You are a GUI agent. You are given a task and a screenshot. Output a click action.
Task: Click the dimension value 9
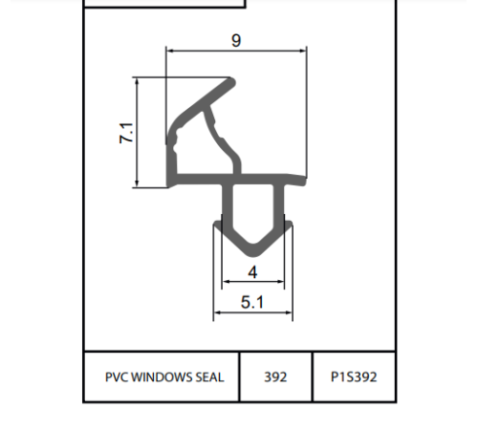click(x=236, y=40)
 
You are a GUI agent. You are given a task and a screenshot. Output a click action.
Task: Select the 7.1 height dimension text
click(x=126, y=133)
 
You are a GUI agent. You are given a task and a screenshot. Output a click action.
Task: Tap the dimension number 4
click(x=252, y=272)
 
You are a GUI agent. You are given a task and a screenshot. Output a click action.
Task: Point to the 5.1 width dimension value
click(x=252, y=302)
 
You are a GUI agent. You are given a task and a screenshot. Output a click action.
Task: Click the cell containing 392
click(x=275, y=377)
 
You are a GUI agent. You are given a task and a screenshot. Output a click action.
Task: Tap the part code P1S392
click(x=354, y=377)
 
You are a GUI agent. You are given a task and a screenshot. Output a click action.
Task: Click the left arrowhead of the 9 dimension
click(x=170, y=51)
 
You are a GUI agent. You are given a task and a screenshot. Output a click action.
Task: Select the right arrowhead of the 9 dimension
click(x=303, y=51)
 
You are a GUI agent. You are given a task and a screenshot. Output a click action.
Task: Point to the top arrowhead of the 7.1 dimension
click(x=137, y=81)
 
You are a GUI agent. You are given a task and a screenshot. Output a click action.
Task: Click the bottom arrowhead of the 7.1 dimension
click(x=137, y=183)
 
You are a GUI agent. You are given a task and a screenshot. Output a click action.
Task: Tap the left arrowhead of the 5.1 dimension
click(x=217, y=312)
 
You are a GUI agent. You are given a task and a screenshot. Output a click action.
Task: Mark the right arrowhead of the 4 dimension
click(x=280, y=282)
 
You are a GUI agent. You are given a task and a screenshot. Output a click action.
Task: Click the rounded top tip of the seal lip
click(x=231, y=82)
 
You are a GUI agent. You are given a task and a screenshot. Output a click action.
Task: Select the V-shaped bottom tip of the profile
click(x=253, y=253)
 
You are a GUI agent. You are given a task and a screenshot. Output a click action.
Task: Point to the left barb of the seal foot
click(x=217, y=225)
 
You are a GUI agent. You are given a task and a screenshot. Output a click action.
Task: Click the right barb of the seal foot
click(x=289, y=225)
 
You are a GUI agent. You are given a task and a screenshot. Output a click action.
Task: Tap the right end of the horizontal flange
click(x=304, y=181)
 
